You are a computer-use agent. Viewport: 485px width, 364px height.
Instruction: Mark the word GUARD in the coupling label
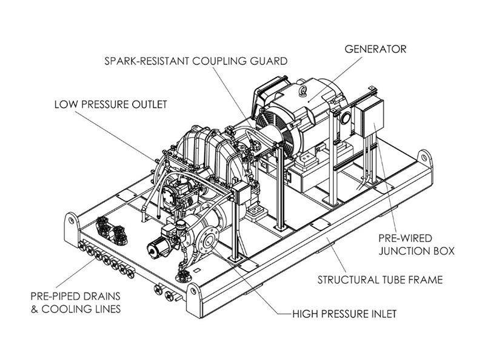pyautogui.click(x=267, y=61)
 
